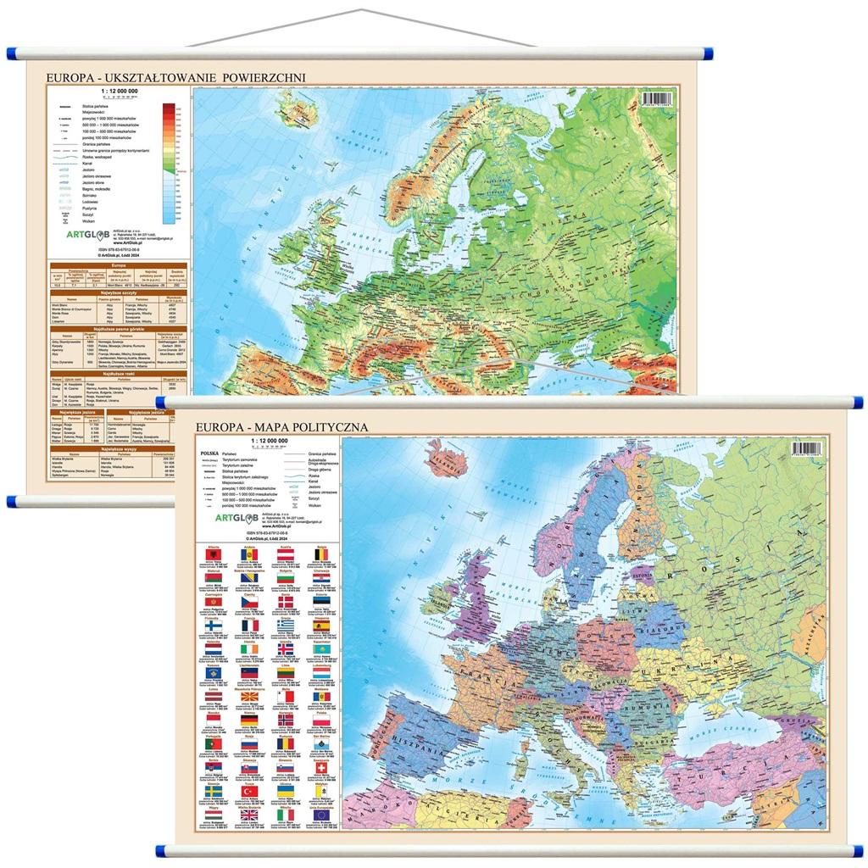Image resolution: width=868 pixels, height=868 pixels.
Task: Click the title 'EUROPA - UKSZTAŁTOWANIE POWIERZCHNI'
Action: pos(175,78)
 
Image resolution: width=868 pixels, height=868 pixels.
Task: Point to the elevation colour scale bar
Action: pos(169,162)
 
